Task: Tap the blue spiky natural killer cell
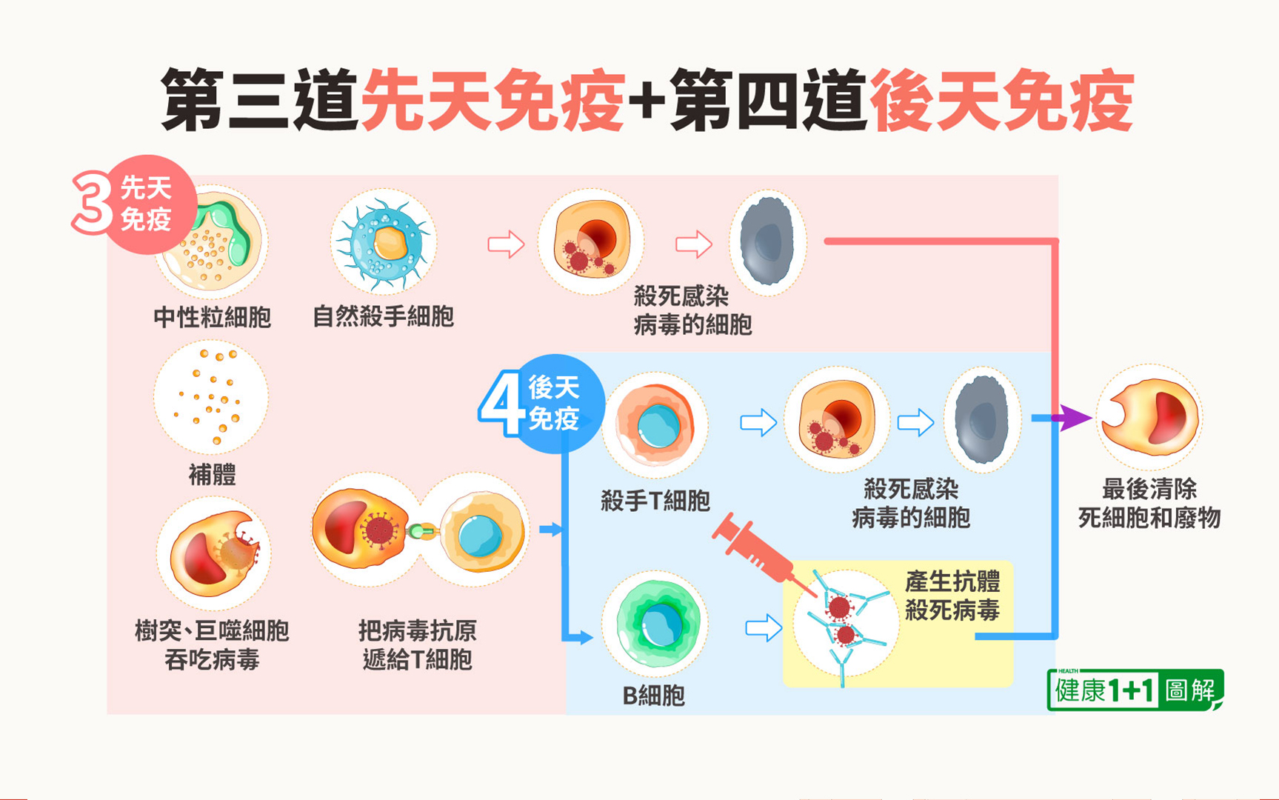[x=384, y=243]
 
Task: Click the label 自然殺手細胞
[x=383, y=317]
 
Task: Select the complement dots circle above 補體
[x=211, y=397]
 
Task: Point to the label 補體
[x=212, y=474]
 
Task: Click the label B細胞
[x=653, y=696]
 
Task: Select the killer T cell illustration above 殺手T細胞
[x=655, y=424]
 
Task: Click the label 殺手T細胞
[x=655, y=501]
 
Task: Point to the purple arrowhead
[x=1074, y=418]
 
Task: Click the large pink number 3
[x=92, y=201]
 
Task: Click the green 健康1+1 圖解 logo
[x=1135, y=690]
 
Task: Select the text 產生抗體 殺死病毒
[x=952, y=596]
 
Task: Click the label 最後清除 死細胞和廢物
[x=1149, y=503]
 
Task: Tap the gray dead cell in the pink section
[x=768, y=242]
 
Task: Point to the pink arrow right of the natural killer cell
[x=506, y=244]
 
